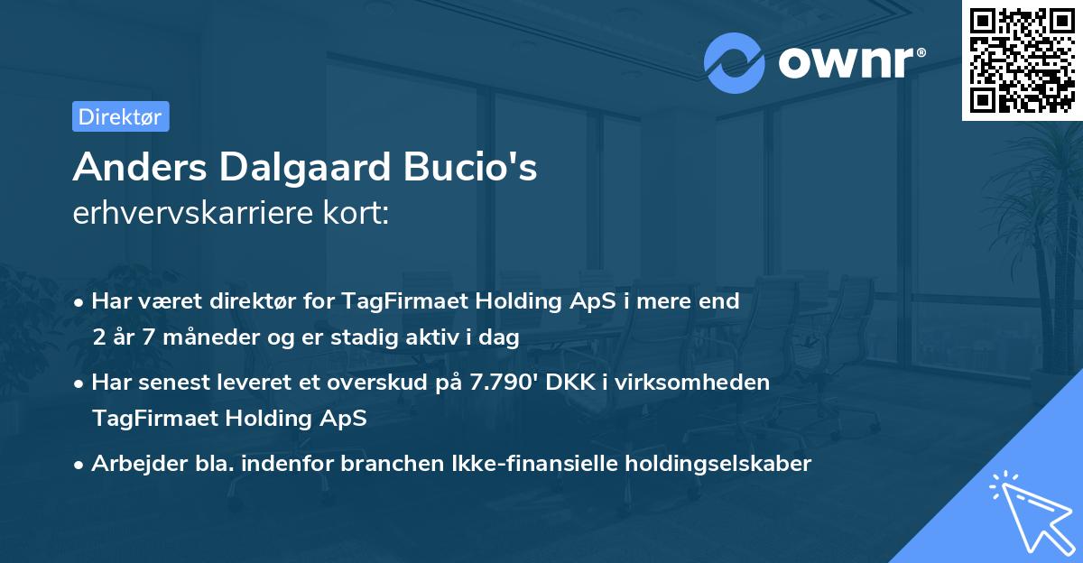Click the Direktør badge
tap(120, 116)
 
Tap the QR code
tap(1022, 60)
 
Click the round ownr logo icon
tap(735, 62)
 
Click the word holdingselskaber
tap(709, 464)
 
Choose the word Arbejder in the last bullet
tap(132, 464)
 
